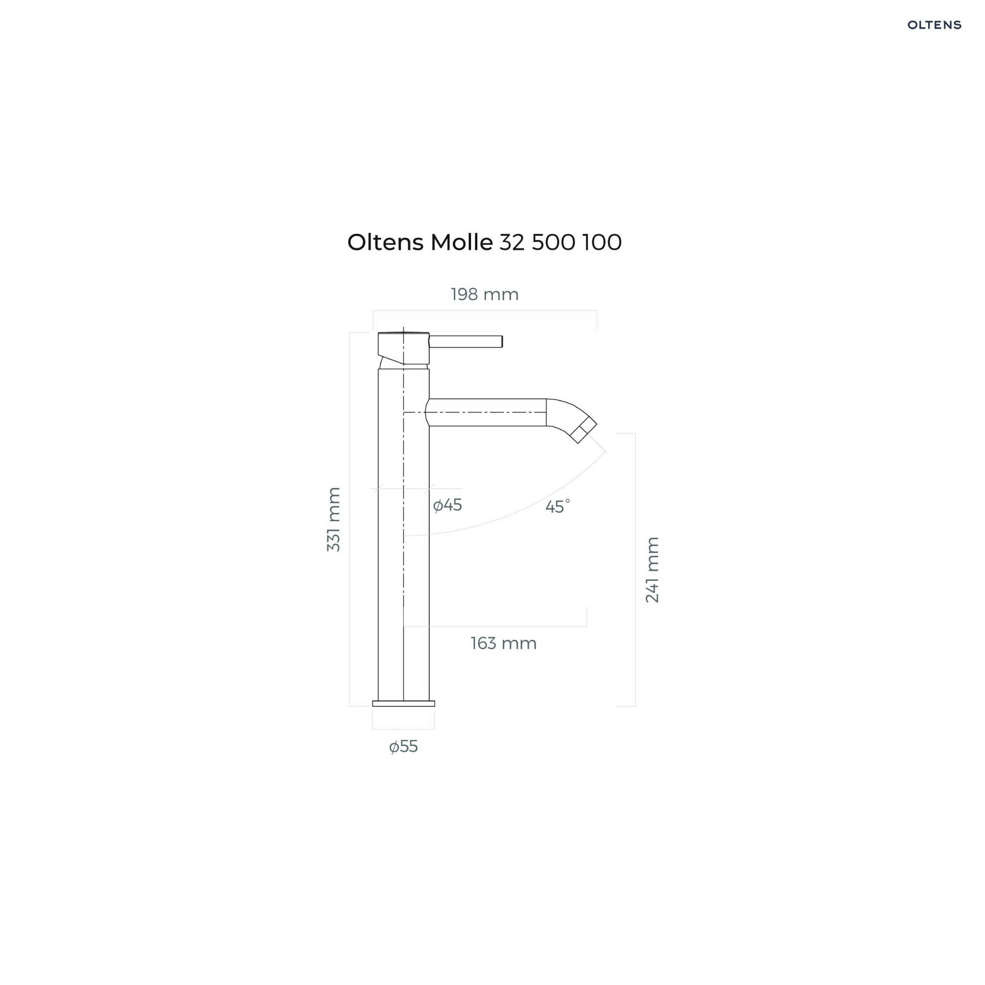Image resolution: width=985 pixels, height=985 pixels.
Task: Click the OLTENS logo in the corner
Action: [934, 25]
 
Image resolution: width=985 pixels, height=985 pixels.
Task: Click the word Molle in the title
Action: [461, 242]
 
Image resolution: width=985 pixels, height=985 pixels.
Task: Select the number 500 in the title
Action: [553, 242]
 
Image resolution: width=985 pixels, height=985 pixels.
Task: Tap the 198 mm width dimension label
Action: [485, 294]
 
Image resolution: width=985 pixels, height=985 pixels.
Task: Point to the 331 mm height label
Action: [333, 519]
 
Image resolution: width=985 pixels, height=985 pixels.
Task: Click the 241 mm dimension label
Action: [652, 570]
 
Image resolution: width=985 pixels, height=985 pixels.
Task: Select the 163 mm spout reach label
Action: [503, 643]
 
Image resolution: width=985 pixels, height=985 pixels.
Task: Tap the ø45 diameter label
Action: [447, 505]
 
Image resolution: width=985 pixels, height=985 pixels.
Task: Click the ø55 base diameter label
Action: [403, 747]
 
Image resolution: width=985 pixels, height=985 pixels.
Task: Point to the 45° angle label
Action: [557, 506]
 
